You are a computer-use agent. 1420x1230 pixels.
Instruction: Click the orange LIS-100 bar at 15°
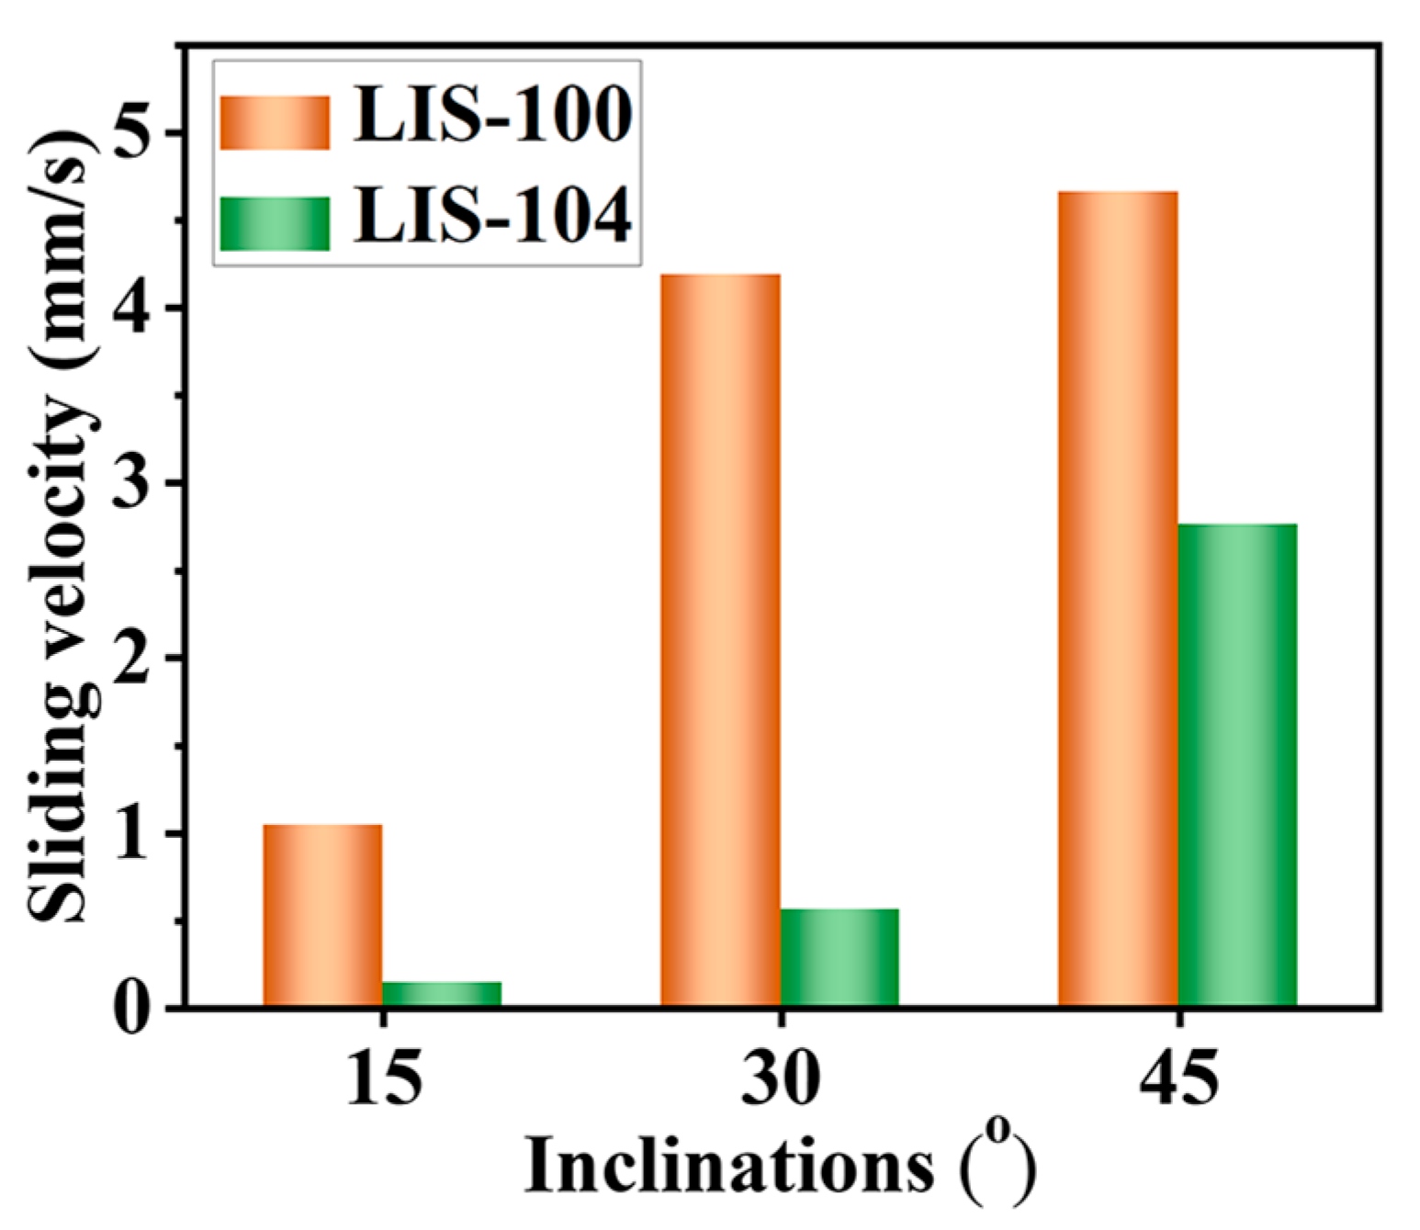[322, 915]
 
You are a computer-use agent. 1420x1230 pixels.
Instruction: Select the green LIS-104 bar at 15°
[442, 994]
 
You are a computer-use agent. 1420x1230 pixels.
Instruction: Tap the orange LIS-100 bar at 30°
[720, 639]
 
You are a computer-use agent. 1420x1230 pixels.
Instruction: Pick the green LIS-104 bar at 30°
[840, 957]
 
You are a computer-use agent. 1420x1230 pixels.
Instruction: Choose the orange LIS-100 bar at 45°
[1118, 599]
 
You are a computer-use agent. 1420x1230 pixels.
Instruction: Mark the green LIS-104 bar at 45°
[1237, 765]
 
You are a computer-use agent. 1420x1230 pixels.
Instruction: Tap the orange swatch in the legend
[275, 122]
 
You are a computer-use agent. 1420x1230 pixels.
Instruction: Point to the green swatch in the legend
[275, 223]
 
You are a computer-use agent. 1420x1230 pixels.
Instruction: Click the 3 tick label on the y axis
[131, 483]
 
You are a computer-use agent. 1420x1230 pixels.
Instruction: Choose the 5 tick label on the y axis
[131, 132]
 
